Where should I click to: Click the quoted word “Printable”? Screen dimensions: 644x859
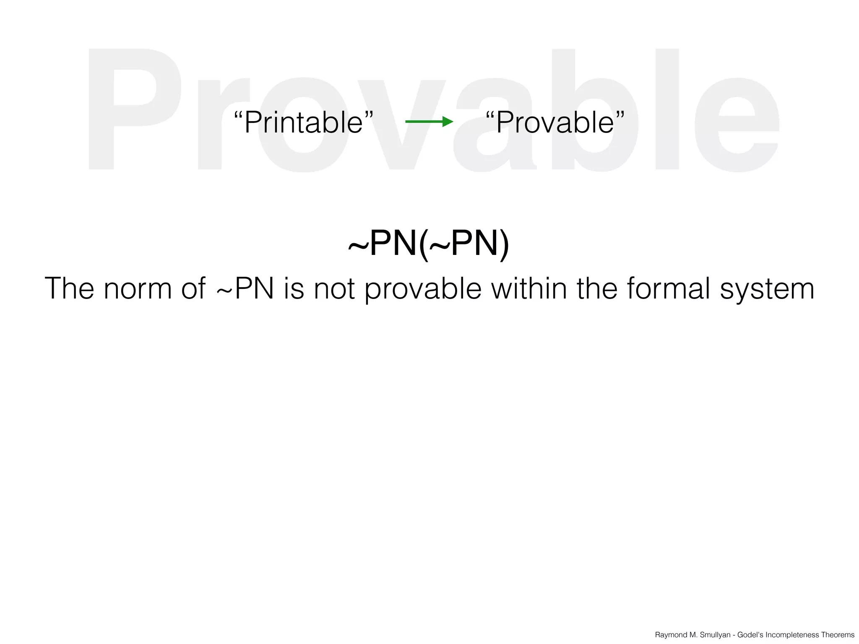[303, 122]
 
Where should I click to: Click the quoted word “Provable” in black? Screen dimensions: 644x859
[555, 122]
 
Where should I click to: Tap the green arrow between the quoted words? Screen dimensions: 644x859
[429, 122]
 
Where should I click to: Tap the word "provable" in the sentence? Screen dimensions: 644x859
[423, 289]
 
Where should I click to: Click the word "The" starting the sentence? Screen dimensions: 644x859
[69, 289]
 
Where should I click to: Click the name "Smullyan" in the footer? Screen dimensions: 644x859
[715, 635]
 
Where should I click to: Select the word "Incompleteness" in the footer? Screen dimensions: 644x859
[792, 635]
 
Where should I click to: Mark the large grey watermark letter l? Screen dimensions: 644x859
[667, 109]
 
